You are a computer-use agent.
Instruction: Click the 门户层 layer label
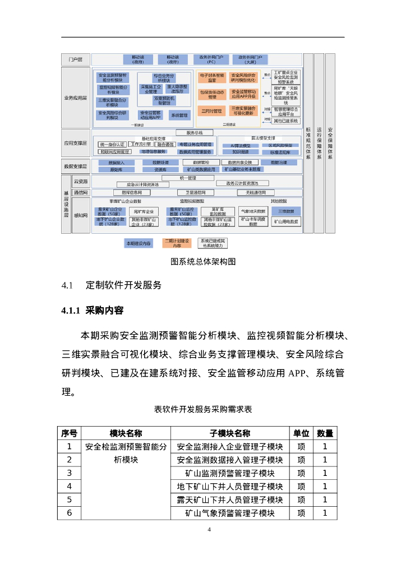(x=76, y=59)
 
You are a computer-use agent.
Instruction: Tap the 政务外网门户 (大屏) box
(x=250, y=59)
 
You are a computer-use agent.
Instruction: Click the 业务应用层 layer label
(x=76, y=99)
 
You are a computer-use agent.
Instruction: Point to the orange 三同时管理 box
(x=212, y=111)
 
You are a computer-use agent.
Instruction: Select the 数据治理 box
(x=279, y=163)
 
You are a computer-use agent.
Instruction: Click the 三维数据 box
(x=286, y=211)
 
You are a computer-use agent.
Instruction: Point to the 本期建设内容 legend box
(x=139, y=243)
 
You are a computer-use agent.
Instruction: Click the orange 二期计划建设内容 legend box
(x=177, y=243)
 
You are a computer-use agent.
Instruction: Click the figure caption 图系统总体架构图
(x=202, y=261)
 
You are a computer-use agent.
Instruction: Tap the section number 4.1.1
(x=71, y=311)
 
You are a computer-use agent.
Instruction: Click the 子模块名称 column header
(x=230, y=433)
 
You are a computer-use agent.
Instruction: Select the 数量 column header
(x=325, y=433)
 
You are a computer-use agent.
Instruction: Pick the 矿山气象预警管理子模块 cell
(x=230, y=513)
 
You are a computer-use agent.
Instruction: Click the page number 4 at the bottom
(x=209, y=530)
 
